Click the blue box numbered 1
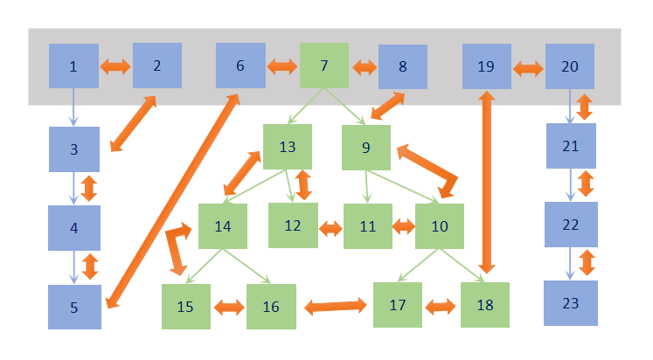pos(73,66)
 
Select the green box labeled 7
pos(324,66)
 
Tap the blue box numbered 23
pos(572,303)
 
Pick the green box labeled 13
pos(288,148)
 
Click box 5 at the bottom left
pos(74,307)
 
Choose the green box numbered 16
pos(271,307)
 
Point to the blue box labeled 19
pos(487,66)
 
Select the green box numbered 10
pos(440,226)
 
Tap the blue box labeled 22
pos(571,225)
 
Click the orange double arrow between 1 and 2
pos(115,66)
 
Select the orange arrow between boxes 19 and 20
pos(528,66)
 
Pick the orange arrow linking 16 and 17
pos(335,306)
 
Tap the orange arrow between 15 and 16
pos(229,307)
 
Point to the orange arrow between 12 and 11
pos(330,228)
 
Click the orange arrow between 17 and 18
pos(441,307)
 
